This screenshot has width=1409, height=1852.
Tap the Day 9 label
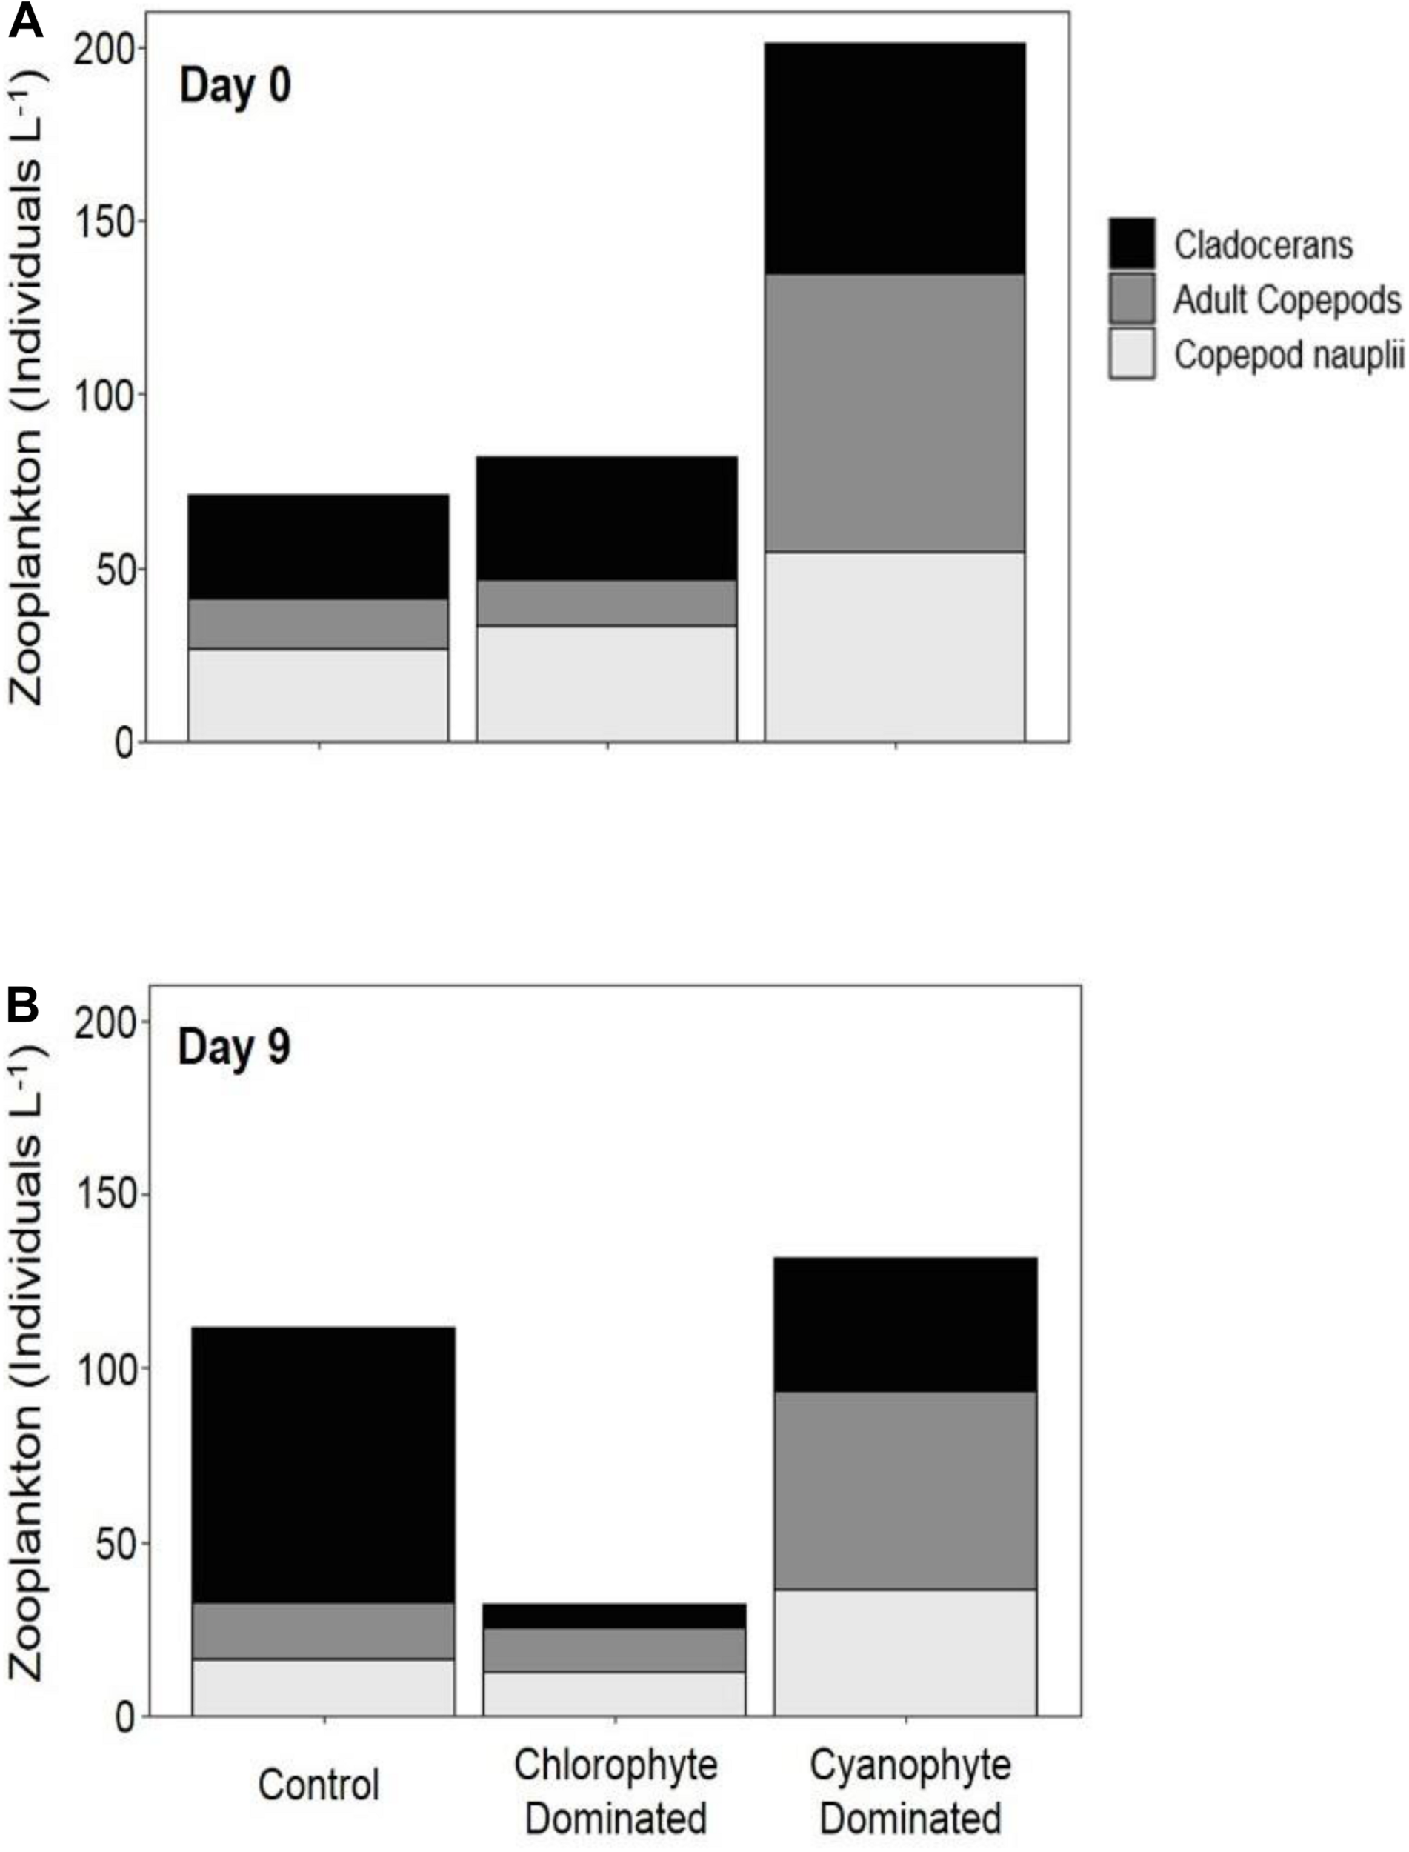[x=234, y=1047]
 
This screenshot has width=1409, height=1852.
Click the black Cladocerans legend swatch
[x=1131, y=244]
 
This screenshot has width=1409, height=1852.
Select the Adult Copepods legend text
[x=1287, y=299]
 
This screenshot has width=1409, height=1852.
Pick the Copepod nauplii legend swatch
[x=1131, y=354]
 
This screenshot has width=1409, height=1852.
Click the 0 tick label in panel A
[x=124, y=743]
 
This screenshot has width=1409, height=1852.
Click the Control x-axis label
[x=319, y=1785]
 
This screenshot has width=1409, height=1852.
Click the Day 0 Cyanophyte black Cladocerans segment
[x=895, y=159]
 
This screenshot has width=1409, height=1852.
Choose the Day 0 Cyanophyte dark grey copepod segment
[x=895, y=413]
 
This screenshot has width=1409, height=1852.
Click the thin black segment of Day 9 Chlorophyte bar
[x=614, y=1616]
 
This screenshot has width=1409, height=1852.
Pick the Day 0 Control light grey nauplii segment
[x=318, y=696]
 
